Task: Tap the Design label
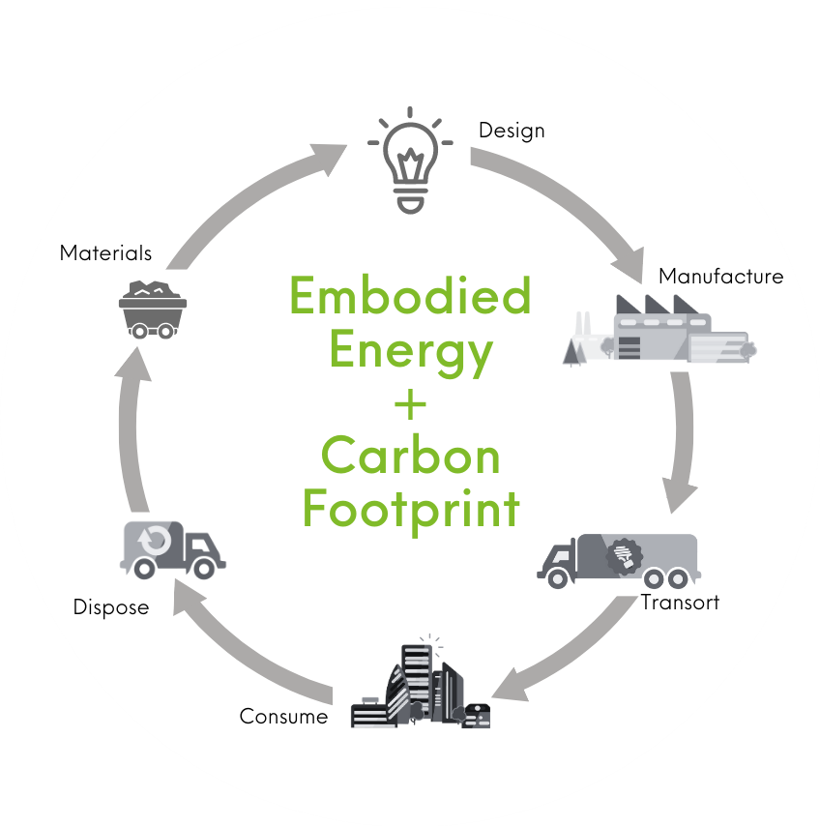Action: click(512, 130)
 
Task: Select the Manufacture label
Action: click(720, 277)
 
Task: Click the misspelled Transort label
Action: click(680, 603)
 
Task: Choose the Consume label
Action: click(283, 717)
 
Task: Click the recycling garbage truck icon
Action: click(171, 548)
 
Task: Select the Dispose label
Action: click(111, 607)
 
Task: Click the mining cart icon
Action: click(153, 309)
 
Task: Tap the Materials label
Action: click(105, 253)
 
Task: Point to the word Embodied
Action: click(411, 296)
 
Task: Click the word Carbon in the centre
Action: click(411, 456)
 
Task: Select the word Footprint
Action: click(411, 508)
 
